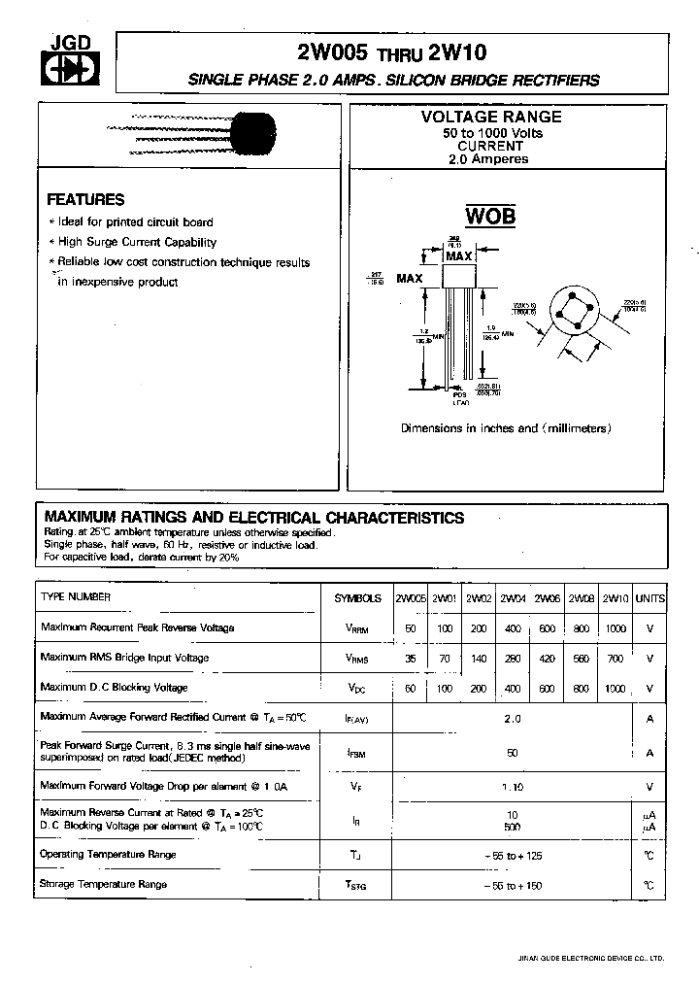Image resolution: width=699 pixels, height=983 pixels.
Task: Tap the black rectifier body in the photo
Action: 256,133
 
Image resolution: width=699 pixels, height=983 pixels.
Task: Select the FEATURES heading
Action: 85,199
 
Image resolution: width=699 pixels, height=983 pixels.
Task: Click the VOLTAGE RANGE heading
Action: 490,117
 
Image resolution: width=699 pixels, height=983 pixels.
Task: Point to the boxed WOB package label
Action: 489,216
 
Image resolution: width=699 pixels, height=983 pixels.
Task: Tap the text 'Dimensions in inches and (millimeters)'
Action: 506,428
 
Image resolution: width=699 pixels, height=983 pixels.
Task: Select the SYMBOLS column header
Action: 357,598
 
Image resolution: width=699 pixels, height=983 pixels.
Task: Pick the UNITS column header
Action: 649,598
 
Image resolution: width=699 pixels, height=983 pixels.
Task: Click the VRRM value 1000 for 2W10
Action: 615,628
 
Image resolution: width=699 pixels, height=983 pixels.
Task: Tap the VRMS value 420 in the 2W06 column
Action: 547,658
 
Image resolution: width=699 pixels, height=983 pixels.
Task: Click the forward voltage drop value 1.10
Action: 512,787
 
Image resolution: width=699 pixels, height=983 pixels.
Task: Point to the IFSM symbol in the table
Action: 357,752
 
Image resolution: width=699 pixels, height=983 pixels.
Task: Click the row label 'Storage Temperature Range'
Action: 103,884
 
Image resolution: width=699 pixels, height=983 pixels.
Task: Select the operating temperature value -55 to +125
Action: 513,855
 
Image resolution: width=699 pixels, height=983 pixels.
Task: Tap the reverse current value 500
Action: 512,827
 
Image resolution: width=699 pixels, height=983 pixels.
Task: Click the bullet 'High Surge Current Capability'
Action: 137,242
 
